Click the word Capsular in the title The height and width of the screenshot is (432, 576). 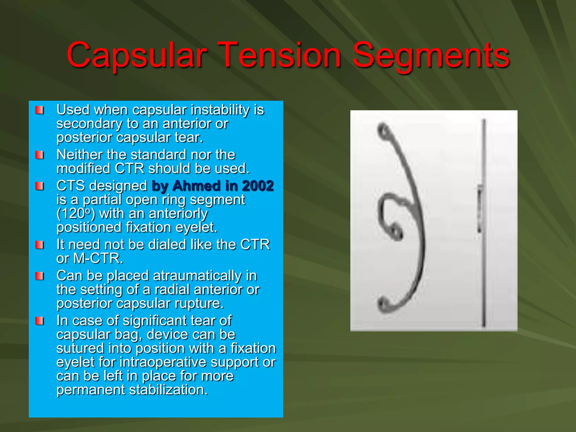tap(137, 55)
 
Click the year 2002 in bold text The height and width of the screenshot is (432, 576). tap(258, 186)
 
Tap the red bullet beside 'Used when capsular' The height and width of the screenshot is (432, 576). tap(39, 110)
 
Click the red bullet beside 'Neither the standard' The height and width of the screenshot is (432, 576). tap(39, 155)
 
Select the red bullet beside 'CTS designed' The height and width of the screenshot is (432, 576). tap(39, 186)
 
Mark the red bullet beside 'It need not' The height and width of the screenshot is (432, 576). tap(39, 245)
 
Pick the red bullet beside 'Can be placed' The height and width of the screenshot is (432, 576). tap(39, 276)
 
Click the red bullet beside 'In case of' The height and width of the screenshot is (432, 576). tap(39, 321)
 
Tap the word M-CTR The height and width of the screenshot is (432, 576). tap(98, 258)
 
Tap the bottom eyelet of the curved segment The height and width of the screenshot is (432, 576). tap(383, 305)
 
